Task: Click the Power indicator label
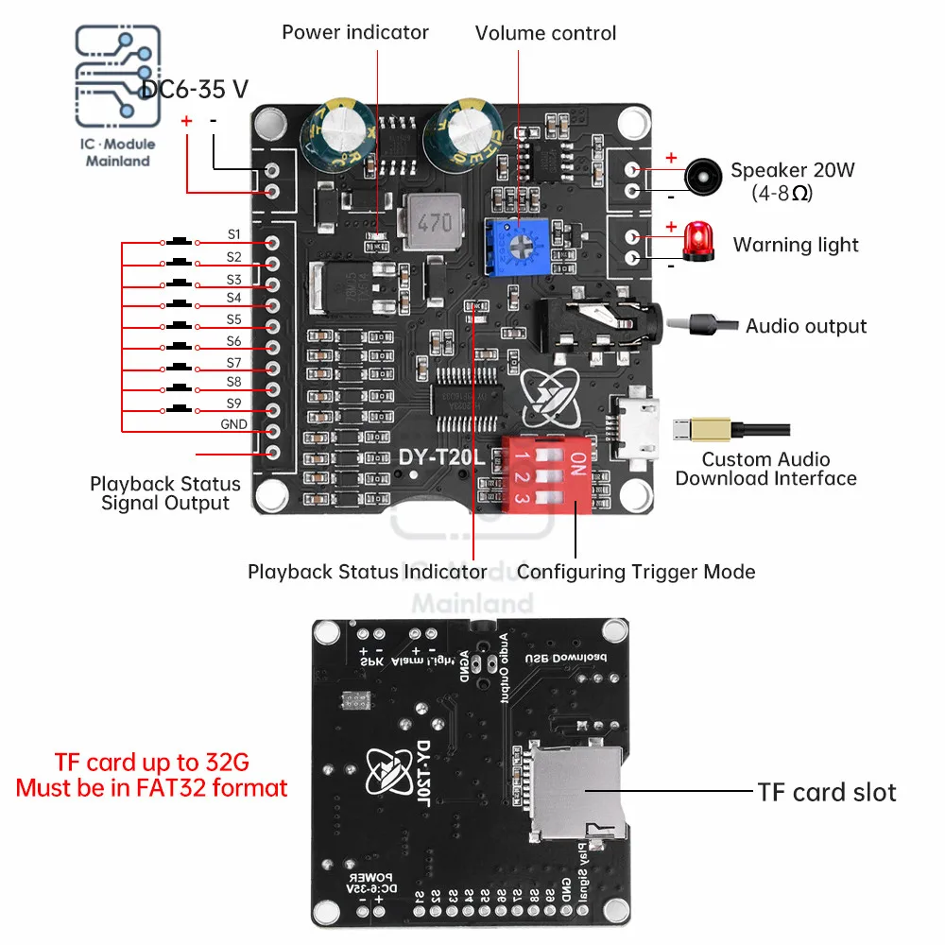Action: (x=355, y=32)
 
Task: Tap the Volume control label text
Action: (x=545, y=33)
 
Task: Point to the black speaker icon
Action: (x=700, y=177)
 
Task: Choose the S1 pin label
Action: (x=233, y=234)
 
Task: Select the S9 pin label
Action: (x=233, y=404)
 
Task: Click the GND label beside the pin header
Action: (x=233, y=424)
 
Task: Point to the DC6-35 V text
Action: (x=195, y=89)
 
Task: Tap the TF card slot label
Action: (x=826, y=792)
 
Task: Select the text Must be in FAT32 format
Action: (x=152, y=786)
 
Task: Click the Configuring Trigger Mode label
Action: (x=636, y=571)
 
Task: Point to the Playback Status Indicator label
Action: (x=368, y=571)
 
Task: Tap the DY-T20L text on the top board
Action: (x=440, y=457)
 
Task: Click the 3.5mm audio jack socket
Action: (x=595, y=328)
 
